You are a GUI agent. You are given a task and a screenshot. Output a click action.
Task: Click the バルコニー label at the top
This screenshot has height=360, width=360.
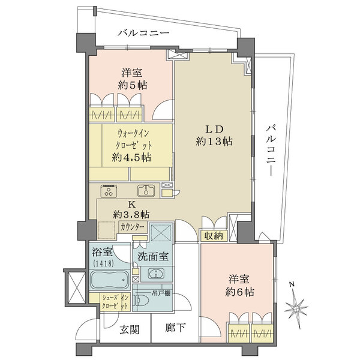click(143, 33)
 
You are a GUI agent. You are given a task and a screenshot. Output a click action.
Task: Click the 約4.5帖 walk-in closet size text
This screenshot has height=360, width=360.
click(130, 158)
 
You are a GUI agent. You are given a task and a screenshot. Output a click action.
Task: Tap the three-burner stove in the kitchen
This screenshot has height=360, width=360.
click(109, 191)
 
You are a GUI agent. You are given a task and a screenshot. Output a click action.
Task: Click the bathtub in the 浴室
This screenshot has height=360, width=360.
click(109, 280)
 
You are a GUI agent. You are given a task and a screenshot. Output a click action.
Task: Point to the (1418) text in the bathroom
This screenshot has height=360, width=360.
click(103, 262)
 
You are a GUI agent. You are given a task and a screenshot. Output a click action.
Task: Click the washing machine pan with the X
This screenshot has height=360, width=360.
click(161, 233)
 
